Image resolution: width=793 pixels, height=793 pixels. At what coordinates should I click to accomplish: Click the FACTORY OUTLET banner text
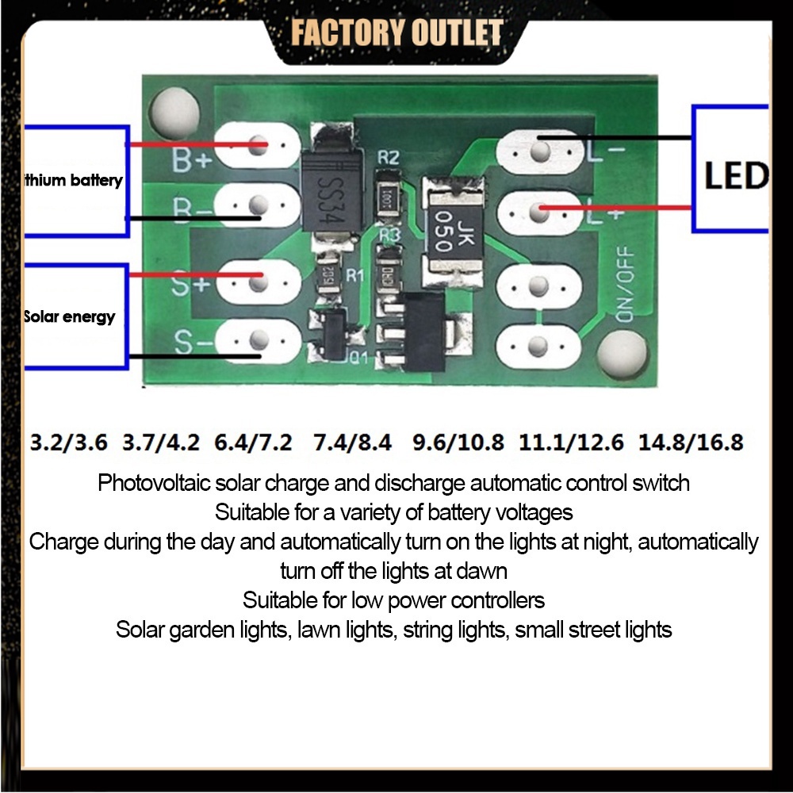coord(396,33)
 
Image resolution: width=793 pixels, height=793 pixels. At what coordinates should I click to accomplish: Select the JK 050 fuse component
coord(446,231)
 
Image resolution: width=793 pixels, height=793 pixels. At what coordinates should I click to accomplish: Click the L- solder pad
coord(539,149)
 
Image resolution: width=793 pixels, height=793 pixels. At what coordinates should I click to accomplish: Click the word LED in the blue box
coord(736,175)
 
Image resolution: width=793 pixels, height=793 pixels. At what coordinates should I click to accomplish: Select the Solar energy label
coord(70,317)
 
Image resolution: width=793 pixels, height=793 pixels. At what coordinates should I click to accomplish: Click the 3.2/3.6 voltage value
coord(68,442)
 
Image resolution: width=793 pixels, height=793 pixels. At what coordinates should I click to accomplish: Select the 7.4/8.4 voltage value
coord(352,442)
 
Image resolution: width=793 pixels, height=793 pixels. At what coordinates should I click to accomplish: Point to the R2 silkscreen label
coord(389,157)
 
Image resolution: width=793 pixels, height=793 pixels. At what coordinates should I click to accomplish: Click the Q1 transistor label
coord(359,357)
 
